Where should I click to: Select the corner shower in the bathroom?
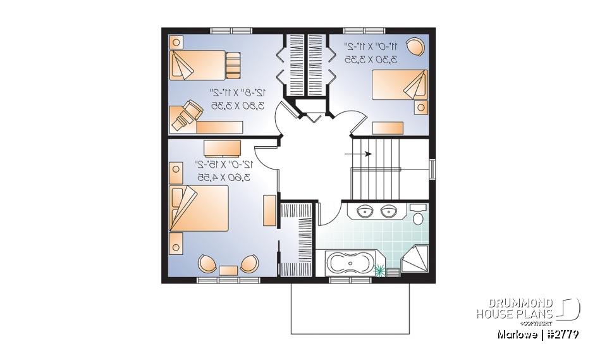click(x=417, y=260)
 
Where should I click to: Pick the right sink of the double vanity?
click(x=388, y=211)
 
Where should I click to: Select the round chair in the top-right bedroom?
click(x=416, y=47)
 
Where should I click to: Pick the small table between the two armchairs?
click(x=228, y=270)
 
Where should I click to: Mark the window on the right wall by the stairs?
click(x=432, y=170)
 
